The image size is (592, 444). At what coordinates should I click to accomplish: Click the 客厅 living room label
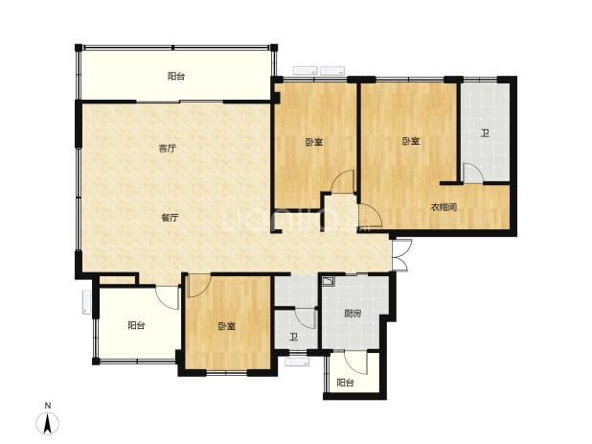[x=168, y=149]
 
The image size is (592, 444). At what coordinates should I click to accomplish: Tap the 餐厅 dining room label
[x=170, y=218]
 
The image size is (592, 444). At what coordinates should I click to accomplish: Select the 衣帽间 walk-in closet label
[x=444, y=207]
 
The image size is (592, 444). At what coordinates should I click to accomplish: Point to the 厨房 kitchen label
[x=353, y=314]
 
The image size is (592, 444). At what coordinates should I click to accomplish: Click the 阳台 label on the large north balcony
[x=176, y=77]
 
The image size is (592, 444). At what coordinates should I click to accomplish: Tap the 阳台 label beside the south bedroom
[x=136, y=325]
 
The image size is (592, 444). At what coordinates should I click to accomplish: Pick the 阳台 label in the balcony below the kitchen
[x=345, y=383]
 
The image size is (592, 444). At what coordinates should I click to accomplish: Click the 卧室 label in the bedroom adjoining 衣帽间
[x=410, y=142]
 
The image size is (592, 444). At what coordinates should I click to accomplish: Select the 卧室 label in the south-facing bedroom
[x=227, y=326]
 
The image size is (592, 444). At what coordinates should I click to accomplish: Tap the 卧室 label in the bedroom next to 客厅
[x=314, y=143]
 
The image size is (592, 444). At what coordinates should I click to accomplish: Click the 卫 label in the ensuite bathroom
[x=485, y=133]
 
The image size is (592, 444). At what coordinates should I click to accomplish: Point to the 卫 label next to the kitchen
[x=293, y=337]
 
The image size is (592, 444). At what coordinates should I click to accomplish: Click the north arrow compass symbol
[x=48, y=423]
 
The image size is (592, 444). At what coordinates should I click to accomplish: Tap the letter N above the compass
[x=48, y=406]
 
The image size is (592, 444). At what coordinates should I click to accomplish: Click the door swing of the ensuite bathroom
[x=473, y=173]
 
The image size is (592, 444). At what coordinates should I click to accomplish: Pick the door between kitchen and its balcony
[x=356, y=362]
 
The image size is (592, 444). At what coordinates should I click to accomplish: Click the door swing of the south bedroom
[x=198, y=286]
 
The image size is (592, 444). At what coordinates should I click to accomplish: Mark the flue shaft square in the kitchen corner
[x=329, y=281]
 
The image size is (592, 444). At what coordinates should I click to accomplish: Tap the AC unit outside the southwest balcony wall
[x=87, y=302]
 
